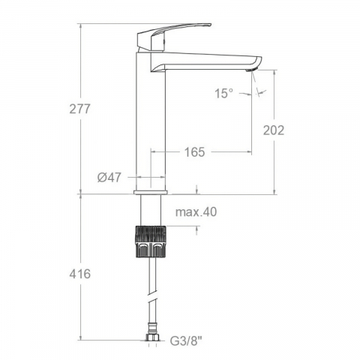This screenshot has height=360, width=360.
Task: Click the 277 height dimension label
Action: tap(79, 109)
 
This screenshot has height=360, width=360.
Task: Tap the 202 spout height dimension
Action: tap(274, 130)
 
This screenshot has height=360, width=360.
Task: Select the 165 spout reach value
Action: tap(194, 152)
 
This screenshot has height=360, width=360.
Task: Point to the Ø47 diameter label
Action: tap(109, 177)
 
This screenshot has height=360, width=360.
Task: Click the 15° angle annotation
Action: tap(223, 94)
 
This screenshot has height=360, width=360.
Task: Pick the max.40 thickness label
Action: tap(196, 212)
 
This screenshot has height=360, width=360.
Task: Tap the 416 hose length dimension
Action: tap(80, 274)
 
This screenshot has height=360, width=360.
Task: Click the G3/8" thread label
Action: tap(186, 341)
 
